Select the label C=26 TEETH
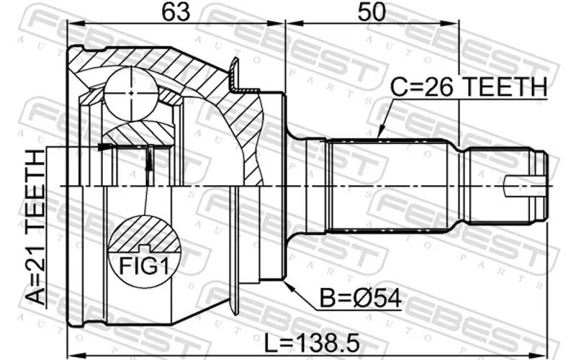point(469,87)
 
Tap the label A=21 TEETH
point(36,227)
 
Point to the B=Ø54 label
point(360,298)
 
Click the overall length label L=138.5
point(312,343)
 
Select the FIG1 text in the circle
point(145,266)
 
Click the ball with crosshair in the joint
point(132,94)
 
